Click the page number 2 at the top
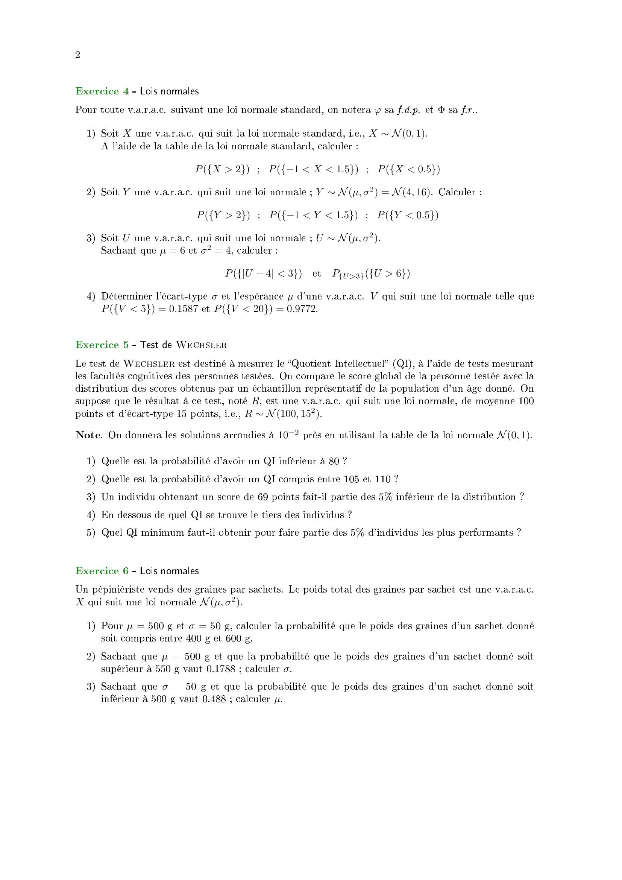coord(78,55)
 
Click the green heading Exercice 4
coord(102,91)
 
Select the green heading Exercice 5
coord(102,345)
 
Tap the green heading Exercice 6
coord(102,571)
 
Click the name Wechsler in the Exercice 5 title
coord(202,345)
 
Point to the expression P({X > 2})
coord(222,169)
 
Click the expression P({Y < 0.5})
coord(408,215)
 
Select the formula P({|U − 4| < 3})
coord(263,274)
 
